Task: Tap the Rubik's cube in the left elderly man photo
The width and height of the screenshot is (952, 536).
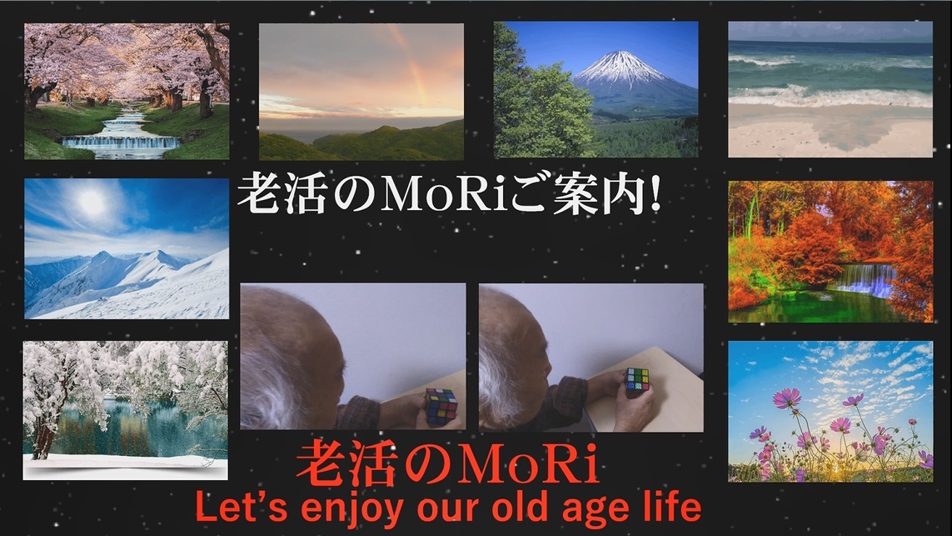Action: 441,407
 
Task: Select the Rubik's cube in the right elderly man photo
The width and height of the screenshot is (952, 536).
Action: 637,382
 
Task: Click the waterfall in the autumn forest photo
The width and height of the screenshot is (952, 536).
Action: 865,279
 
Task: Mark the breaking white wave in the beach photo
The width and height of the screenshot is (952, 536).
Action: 830,96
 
